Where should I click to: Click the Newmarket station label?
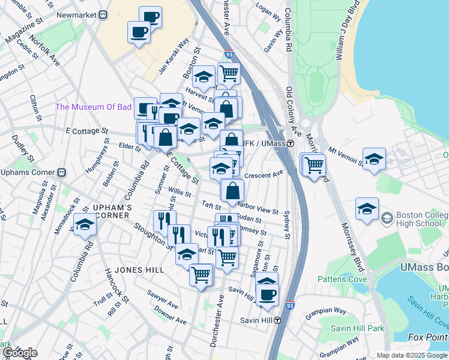(76, 14)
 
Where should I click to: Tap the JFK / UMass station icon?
(290, 143)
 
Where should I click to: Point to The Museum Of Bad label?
(93, 107)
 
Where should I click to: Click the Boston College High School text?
(416, 217)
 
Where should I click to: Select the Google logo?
(20, 353)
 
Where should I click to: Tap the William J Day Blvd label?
(348, 30)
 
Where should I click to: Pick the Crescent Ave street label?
(264, 175)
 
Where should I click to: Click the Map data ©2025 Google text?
(411, 355)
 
